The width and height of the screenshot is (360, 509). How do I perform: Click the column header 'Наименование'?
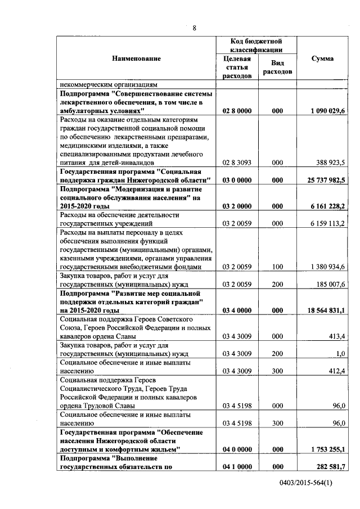pos(136,58)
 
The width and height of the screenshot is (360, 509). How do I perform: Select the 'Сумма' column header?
pos(322,58)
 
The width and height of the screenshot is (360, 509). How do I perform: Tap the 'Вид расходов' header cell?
pos(277,68)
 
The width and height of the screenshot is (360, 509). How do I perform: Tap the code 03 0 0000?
pos(237,180)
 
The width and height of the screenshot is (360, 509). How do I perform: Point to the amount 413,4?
pos(336,336)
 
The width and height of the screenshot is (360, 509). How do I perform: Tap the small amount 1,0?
pos(340,354)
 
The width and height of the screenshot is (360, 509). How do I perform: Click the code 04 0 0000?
pos(237,449)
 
